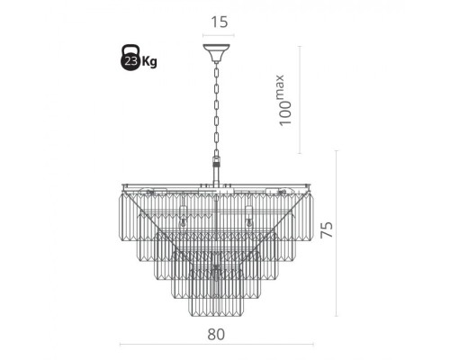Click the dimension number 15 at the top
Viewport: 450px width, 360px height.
(220, 22)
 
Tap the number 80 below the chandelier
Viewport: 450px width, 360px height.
(216, 334)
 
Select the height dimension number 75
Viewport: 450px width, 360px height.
(327, 229)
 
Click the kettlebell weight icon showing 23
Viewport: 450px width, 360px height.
(130, 58)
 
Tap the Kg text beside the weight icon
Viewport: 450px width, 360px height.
(149, 61)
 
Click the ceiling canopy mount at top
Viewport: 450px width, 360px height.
(216, 53)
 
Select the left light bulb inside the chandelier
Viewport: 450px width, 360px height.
(182, 222)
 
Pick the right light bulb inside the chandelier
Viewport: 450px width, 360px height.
(248, 222)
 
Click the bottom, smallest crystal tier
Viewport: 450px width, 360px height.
(216, 306)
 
